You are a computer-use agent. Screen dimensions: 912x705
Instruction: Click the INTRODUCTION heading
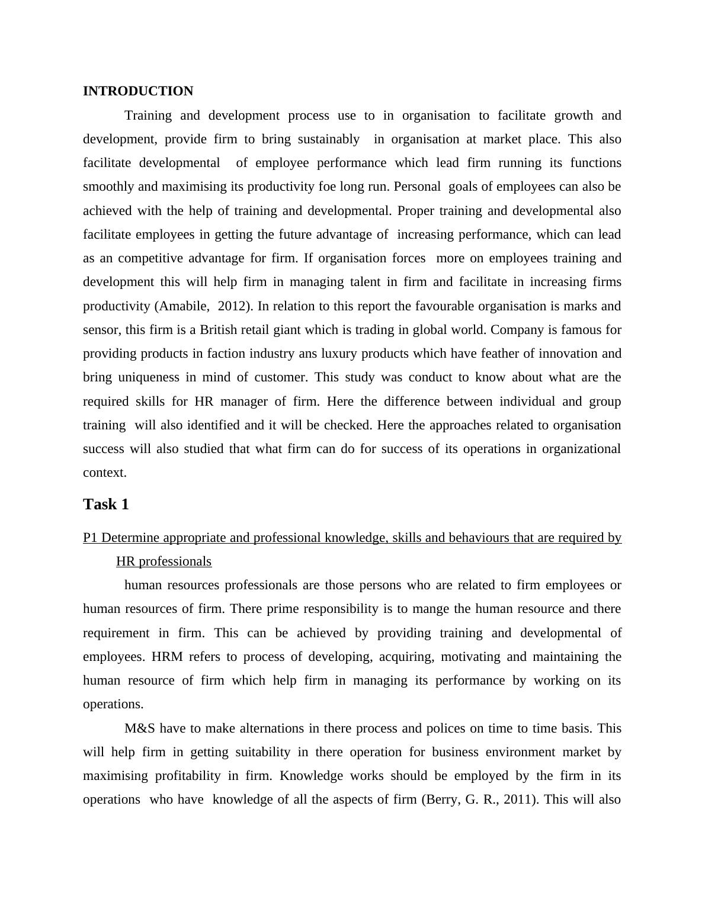(137, 91)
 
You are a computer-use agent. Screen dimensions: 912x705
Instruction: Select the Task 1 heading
(105, 505)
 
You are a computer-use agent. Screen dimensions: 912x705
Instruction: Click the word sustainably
(328, 139)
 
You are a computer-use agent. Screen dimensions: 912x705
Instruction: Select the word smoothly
(108, 187)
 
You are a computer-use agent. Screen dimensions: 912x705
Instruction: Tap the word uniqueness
(148, 377)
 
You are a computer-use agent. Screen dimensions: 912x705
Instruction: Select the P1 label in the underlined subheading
(90, 538)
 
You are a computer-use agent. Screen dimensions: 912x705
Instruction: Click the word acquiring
(405, 657)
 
